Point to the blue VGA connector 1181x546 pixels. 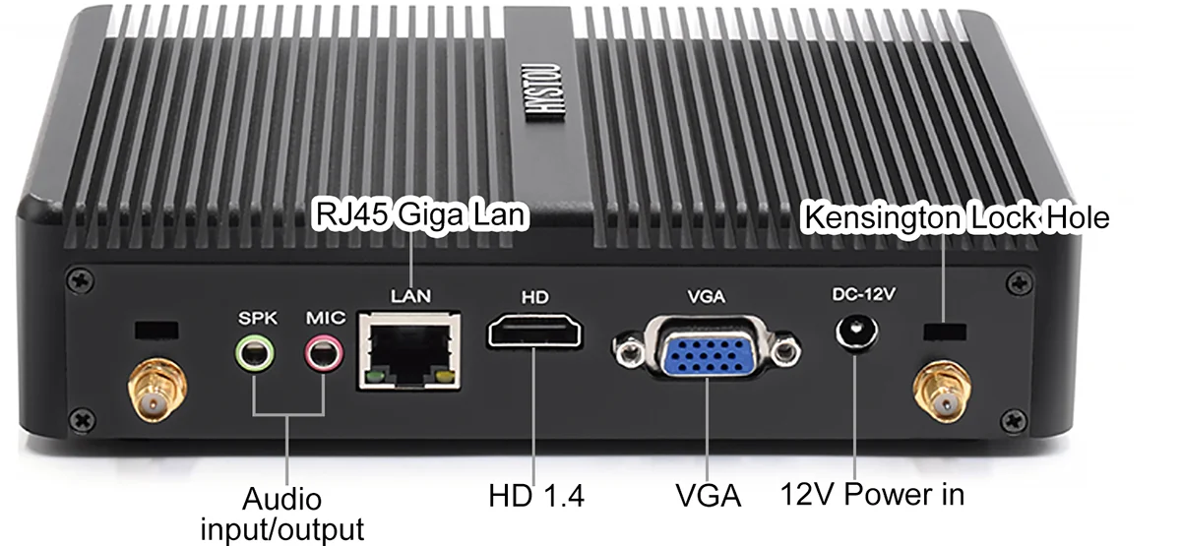coord(706,352)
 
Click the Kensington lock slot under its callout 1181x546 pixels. coord(943,329)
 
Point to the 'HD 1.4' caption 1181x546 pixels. coord(536,495)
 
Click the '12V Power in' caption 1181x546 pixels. coord(871,493)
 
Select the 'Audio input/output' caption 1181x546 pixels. coord(282,514)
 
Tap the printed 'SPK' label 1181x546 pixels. coord(259,318)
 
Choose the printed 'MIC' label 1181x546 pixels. coord(325,318)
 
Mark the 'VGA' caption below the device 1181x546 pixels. coord(708,494)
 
